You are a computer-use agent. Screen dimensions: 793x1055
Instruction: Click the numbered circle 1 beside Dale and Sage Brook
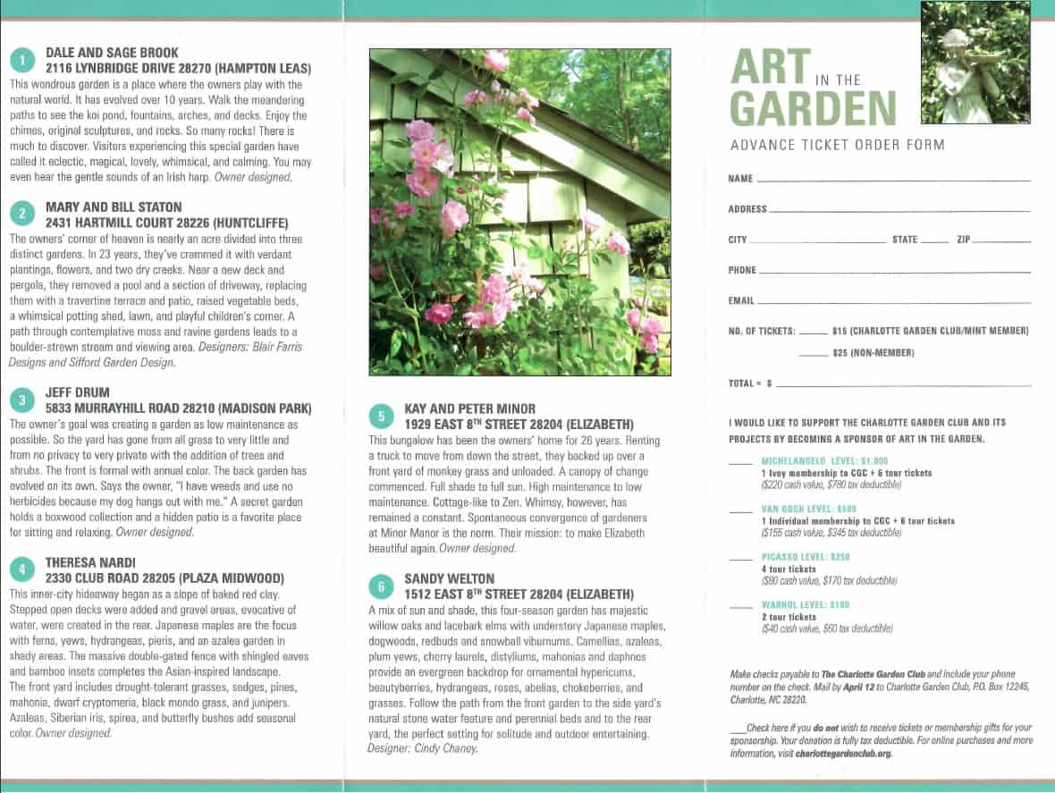21,60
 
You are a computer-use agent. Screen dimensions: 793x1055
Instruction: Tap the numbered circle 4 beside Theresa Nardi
21,569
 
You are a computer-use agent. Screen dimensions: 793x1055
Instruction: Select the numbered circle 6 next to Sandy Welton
381,586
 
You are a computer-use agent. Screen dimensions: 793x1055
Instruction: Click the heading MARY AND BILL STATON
114,207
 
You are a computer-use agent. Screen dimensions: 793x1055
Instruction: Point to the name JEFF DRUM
78,392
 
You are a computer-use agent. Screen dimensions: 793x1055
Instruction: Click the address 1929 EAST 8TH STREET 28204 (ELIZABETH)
519,424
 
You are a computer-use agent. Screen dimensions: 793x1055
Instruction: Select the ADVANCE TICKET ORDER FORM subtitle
837,145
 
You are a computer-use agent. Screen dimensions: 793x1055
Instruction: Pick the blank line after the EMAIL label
893,303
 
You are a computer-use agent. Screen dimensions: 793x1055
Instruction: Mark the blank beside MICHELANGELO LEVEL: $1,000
740,463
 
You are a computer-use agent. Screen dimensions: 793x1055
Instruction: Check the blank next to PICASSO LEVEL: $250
740,559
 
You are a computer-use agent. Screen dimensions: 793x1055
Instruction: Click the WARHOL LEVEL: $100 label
806,605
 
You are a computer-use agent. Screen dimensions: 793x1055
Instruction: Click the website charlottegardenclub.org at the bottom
843,754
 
